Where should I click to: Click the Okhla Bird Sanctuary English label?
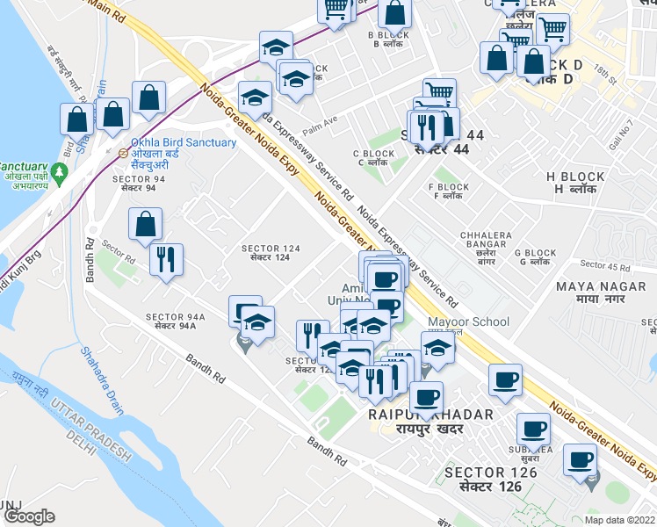pyautogui.click(x=183, y=142)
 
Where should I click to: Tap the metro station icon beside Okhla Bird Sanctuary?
pyautogui.click(x=124, y=152)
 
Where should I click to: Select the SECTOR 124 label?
pyautogui.click(x=271, y=249)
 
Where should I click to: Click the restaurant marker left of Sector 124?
pyautogui.click(x=165, y=261)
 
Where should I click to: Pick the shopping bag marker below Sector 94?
pyautogui.click(x=145, y=226)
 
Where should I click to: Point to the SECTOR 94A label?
pyautogui.click(x=176, y=317)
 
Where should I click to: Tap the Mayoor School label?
pyautogui.click(x=468, y=321)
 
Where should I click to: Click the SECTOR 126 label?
pyautogui.click(x=489, y=473)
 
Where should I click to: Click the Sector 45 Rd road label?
pyautogui.click(x=606, y=265)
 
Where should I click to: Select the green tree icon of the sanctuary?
pyautogui.click(x=60, y=173)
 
